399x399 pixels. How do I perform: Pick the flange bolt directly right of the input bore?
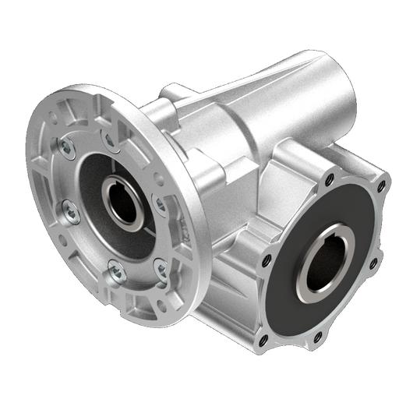tap(160, 204)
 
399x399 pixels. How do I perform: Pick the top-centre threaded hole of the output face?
tap(329, 179)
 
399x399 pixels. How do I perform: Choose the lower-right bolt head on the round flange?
tap(161, 270)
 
